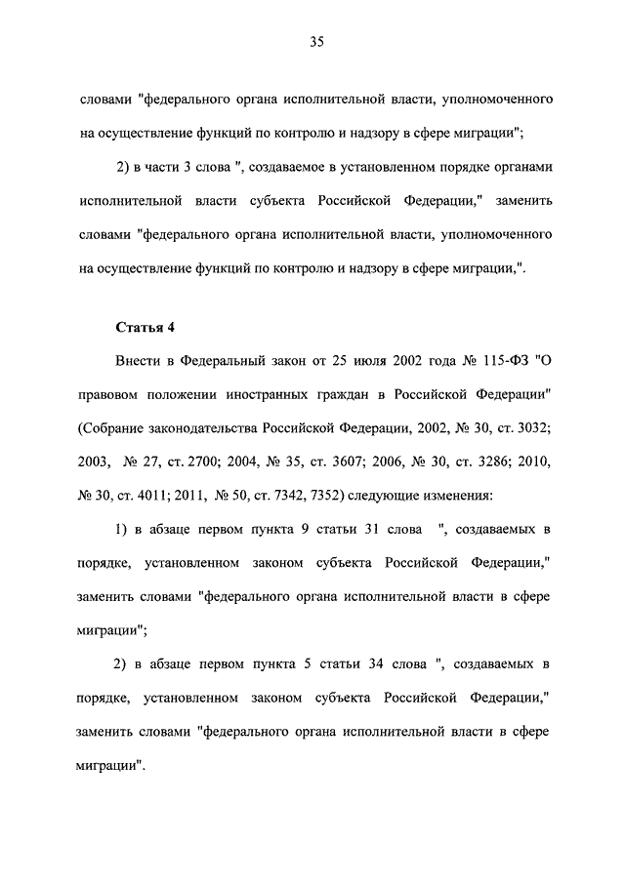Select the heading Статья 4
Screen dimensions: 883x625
(145, 325)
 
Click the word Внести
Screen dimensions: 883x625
(140, 363)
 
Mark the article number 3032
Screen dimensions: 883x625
(531, 429)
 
